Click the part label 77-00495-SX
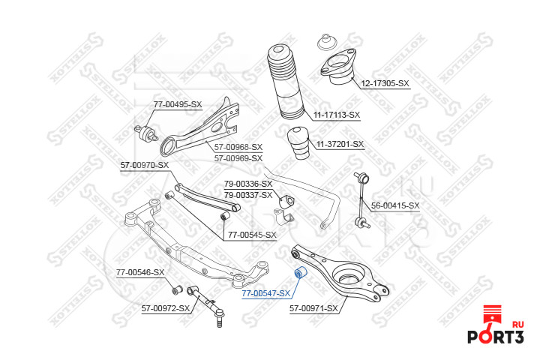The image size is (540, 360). tap(178, 104)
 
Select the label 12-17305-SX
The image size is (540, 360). tap(385, 83)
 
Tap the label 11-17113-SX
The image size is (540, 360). tap(337, 115)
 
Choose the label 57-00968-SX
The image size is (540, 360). tap(238, 147)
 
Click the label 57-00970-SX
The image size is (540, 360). tap(145, 165)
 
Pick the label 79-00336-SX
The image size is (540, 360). tap(248, 184)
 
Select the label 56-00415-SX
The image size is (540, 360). tap(395, 205)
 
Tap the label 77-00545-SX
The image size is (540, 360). tap(253, 235)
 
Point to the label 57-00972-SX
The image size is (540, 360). tap(166, 307)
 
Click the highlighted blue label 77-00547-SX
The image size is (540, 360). tap(265, 293)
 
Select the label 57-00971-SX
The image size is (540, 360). tap(314, 307)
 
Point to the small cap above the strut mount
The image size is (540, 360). tap(326, 40)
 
